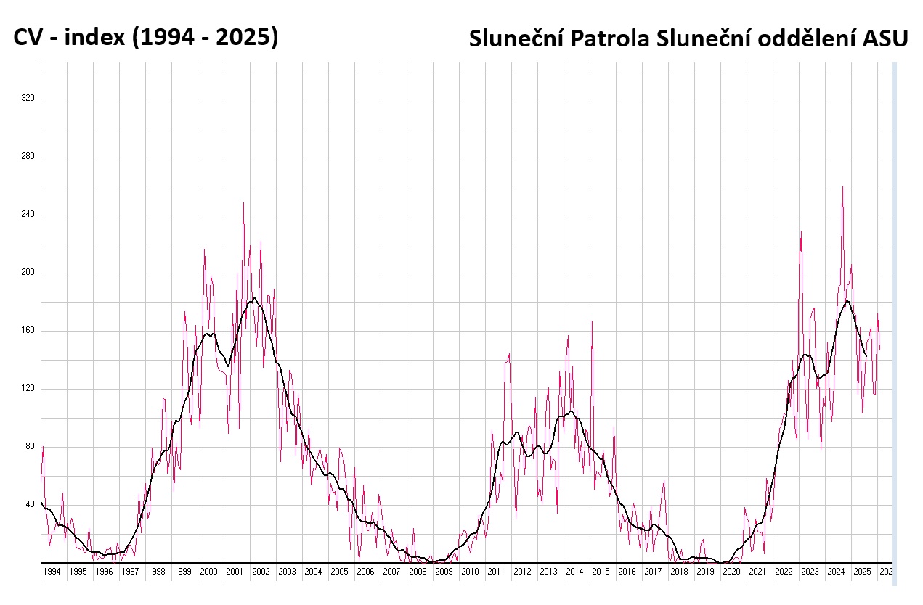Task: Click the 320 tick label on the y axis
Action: [28, 99]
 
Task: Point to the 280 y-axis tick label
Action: [28, 157]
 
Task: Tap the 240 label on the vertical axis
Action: [28, 215]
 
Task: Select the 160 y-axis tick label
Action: [28, 331]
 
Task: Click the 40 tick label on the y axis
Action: [31, 505]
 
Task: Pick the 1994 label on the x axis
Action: [52, 572]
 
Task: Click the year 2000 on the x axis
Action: [208, 572]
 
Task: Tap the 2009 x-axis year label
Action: [444, 572]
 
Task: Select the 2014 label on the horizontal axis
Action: [574, 572]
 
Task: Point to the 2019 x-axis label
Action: [705, 572]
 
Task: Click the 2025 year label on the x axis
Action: [862, 572]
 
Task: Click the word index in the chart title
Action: [92, 38]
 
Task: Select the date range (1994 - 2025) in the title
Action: [204, 38]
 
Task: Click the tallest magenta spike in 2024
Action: [842, 187]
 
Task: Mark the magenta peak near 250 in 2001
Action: [243, 203]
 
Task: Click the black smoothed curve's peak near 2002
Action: [254, 298]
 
